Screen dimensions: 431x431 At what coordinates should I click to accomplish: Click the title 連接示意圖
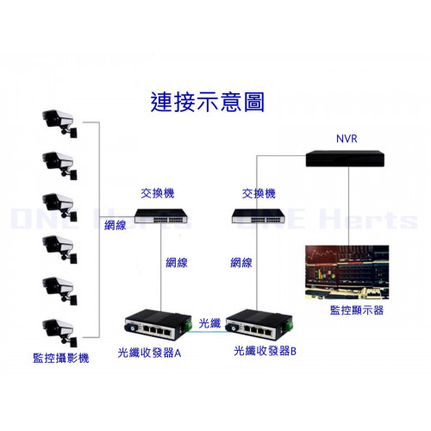click(x=207, y=102)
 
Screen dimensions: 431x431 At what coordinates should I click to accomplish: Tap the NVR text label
click(x=347, y=139)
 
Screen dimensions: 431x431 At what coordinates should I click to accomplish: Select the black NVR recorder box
click(x=345, y=159)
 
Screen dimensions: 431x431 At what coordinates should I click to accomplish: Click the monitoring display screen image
click(x=347, y=272)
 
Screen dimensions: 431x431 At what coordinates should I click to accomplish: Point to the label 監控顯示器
click(x=357, y=310)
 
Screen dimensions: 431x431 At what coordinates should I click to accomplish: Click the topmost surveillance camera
click(x=59, y=123)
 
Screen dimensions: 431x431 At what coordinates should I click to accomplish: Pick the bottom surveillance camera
click(x=59, y=333)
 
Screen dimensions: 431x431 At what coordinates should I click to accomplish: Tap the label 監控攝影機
click(x=61, y=358)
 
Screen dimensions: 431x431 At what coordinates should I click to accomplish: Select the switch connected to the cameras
click(x=161, y=215)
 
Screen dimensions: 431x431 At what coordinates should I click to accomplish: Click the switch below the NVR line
click(x=258, y=215)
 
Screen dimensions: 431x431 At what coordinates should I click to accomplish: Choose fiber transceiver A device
click(x=159, y=324)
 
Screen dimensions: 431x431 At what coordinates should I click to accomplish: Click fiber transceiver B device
click(x=259, y=324)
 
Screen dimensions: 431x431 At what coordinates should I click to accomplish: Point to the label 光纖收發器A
click(x=149, y=353)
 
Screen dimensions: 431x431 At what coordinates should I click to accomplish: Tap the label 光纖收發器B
click(x=265, y=351)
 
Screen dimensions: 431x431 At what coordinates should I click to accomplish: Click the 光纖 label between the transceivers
click(x=209, y=323)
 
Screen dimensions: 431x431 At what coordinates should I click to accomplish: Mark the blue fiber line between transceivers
click(x=209, y=331)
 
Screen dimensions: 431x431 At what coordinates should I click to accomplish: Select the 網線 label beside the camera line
click(x=116, y=225)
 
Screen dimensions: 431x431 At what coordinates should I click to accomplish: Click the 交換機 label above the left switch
click(x=158, y=193)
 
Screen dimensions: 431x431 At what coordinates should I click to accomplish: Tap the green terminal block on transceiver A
click(x=188, y=324)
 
